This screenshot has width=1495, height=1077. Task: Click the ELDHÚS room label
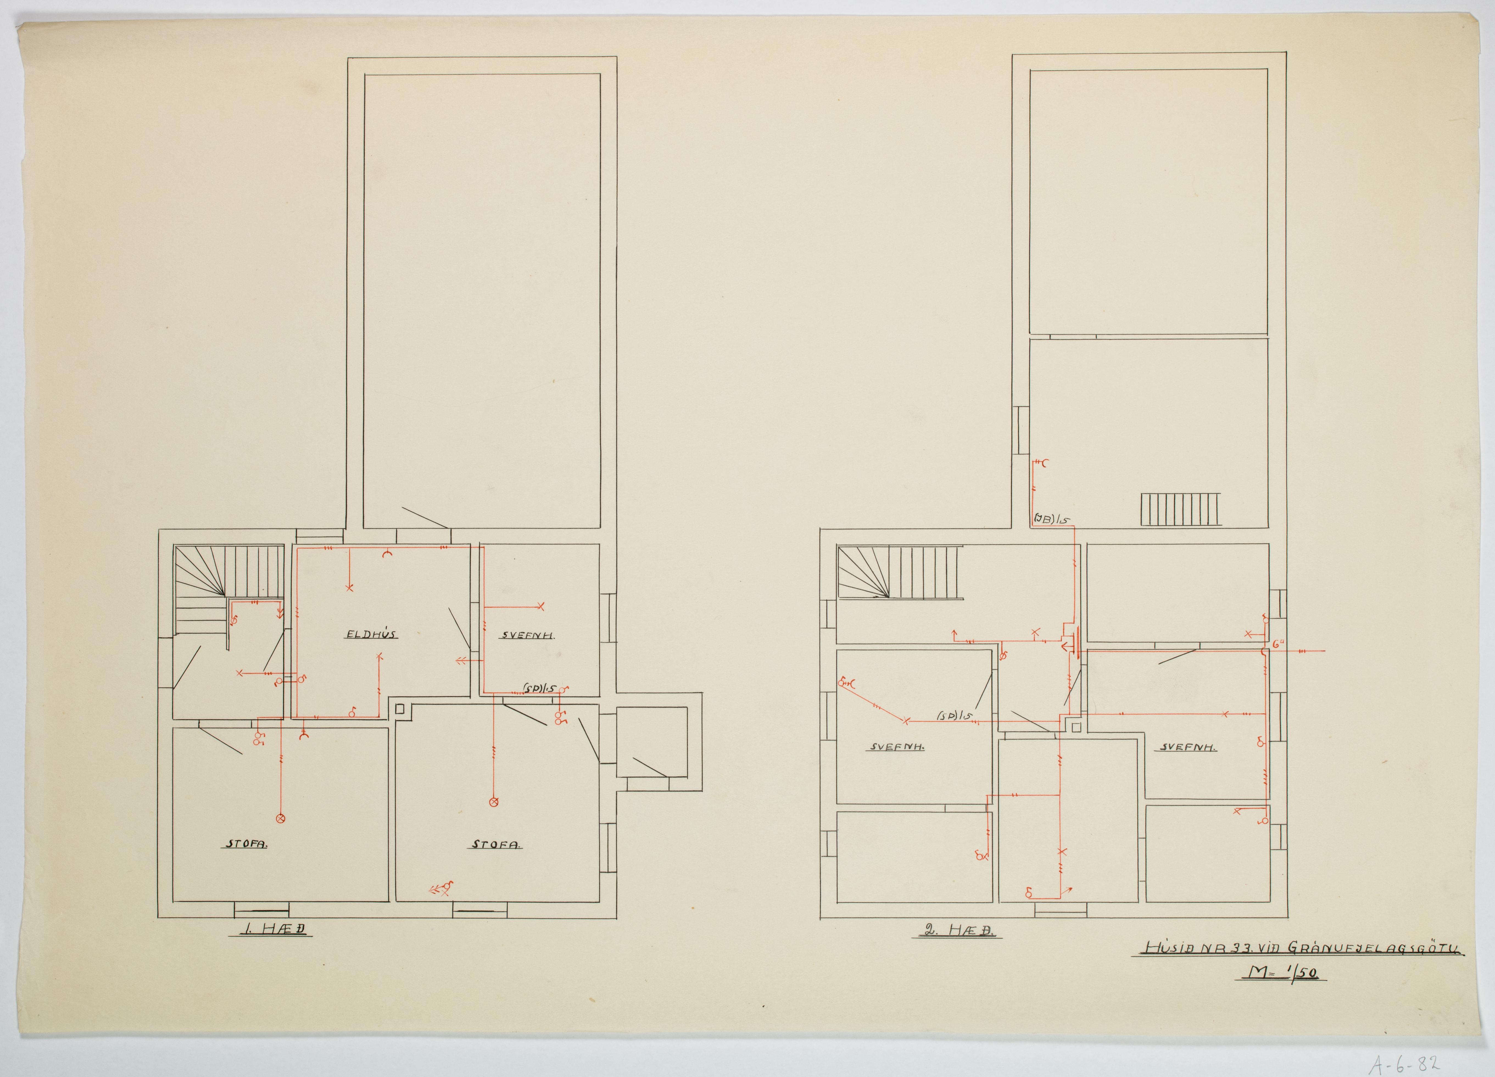(x=371, y=634)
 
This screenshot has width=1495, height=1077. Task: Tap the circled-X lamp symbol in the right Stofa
(x=493, y=801)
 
